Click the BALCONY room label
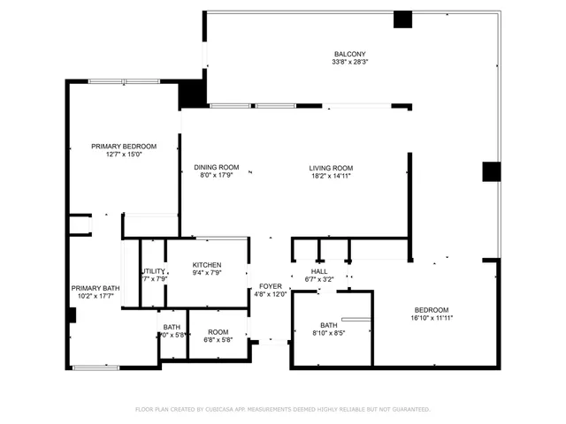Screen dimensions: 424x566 pos(343,53)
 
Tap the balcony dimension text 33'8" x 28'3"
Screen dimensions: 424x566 pos(343,62)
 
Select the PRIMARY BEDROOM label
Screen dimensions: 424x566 pos(124,146)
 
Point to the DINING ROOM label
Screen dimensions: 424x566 pos(217,167)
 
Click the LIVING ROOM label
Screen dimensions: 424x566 pos(331,168)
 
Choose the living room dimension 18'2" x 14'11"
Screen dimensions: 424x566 pos(331,176)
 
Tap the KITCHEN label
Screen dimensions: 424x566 pos(207,265)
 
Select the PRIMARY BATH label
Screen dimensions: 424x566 pos(96,288)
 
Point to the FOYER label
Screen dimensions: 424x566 pos(270,286)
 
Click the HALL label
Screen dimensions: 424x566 pos(319,271)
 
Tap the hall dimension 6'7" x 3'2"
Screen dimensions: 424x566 pos(319,279)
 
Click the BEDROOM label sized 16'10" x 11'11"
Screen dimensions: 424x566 pos(432,309)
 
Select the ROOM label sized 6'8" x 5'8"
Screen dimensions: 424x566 pos(218,331)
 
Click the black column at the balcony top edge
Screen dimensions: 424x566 pos(402,19)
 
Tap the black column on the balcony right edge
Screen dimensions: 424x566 pos(491,171)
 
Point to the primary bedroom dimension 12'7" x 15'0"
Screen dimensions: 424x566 pos(124,155)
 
